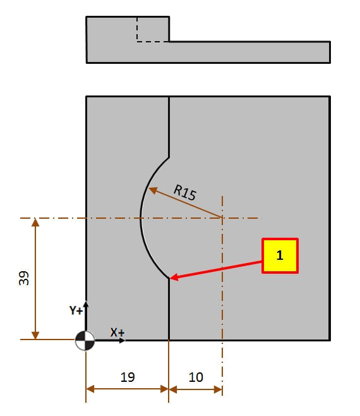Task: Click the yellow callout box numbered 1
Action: tap(280, 255)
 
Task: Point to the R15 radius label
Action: tap(185, 192)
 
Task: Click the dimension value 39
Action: tap(24, 278)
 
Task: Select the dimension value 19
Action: tap(128, 377)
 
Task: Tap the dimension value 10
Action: tap(196, 377)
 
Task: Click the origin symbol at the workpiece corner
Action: tap(85, 340)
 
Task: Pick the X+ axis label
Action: tap(117, 332)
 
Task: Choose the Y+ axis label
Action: tap(76, 310)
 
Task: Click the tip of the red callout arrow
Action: tap(170, 278)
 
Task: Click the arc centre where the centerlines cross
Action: tap(222, 218)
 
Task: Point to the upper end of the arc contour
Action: tap(169, 158)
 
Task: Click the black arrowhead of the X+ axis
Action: tap(123, 340)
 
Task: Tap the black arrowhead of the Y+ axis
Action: tap(86, 303)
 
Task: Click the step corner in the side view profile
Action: tap(169, 42)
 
